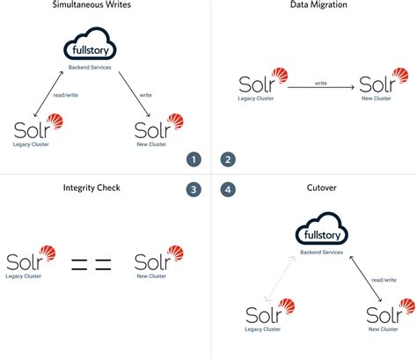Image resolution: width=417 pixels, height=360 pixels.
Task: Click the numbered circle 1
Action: (x=194, y=159)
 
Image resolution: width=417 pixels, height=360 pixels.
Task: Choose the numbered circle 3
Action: (x=194, y=188)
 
